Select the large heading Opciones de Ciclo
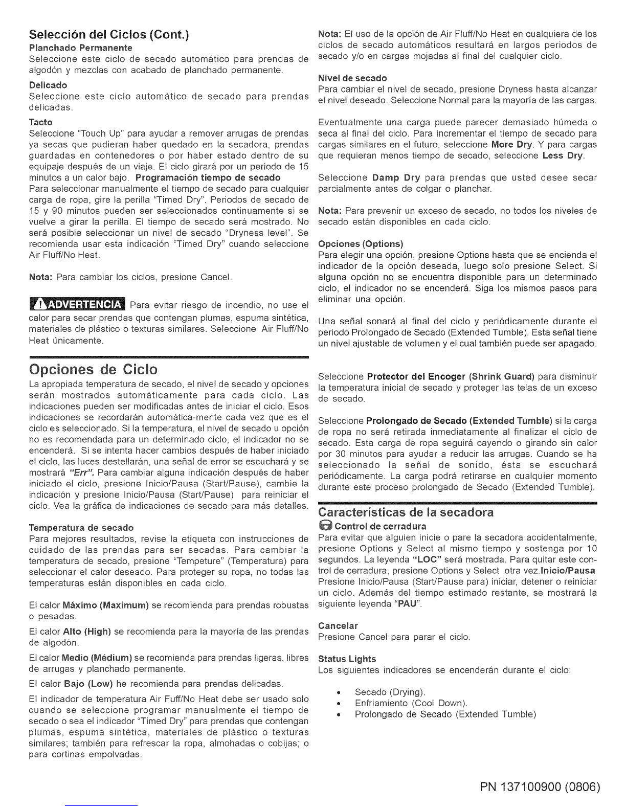(94, 369)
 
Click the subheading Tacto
(41, 122)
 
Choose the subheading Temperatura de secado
(81, 527)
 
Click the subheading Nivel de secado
(352, 78)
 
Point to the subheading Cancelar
(338, 625)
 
